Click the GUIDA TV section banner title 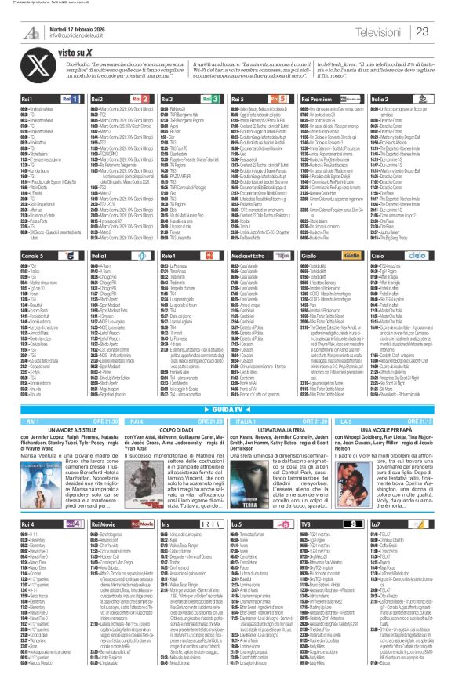227,410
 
